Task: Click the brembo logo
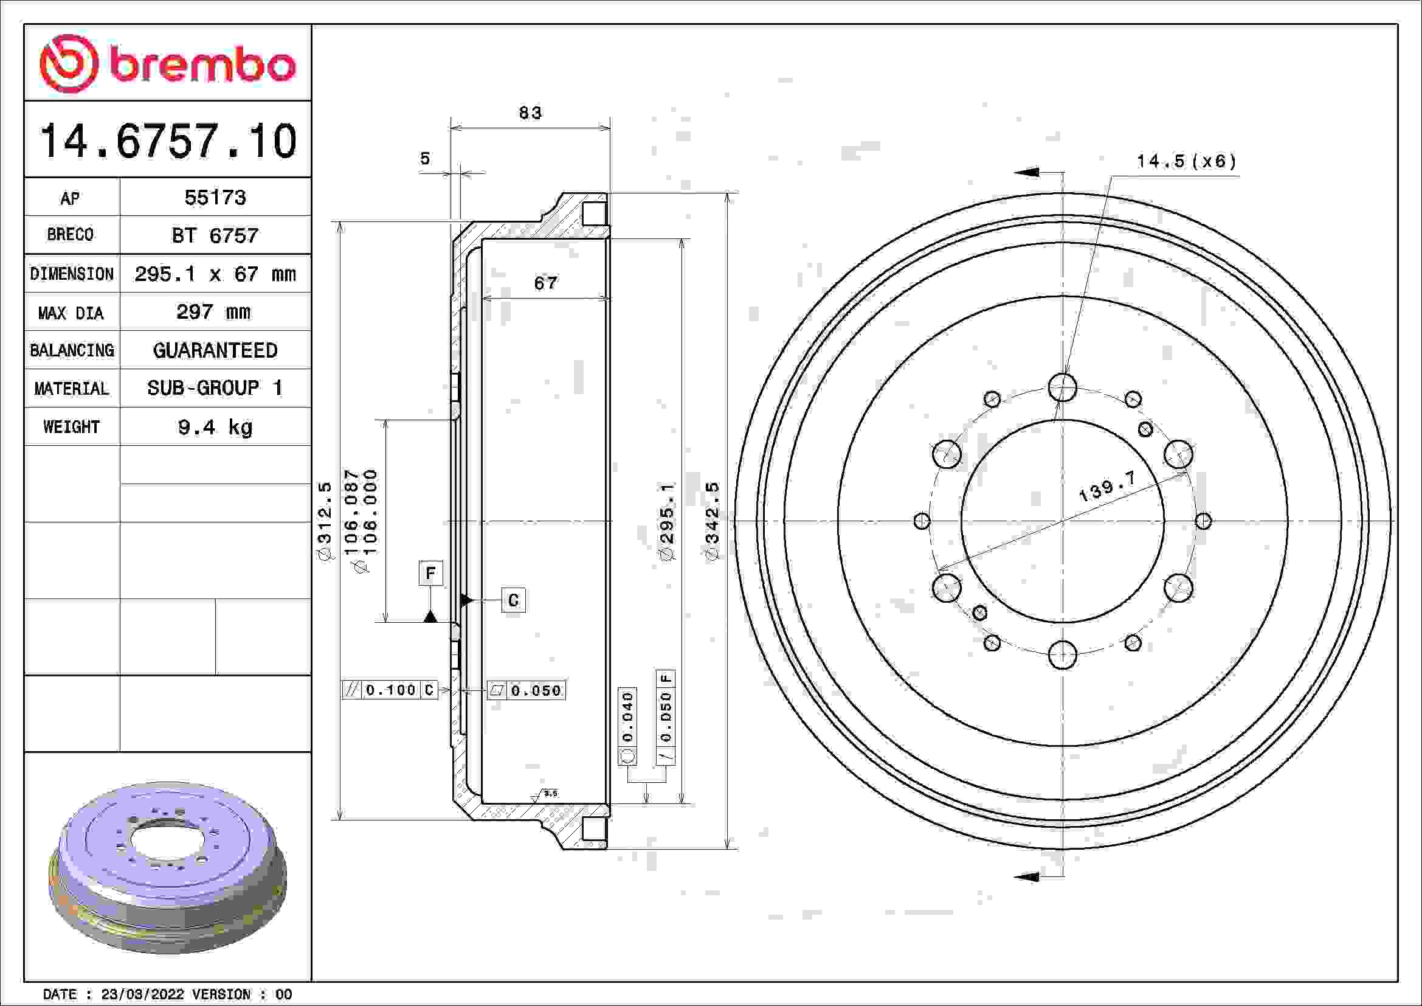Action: tap(167, 64)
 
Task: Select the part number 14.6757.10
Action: tap(168, 141)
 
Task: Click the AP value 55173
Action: tap(215, 198)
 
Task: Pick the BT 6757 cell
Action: tap(215, 235)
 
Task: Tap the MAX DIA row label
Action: tap(71, 313)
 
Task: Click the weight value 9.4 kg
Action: tap(215, 427)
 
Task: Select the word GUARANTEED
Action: tap(215, 350)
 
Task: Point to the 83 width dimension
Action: tap(530, 113)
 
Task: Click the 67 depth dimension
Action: tap(545, 283)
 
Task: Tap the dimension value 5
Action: tap(425, 159)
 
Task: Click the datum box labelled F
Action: tap(430, 573)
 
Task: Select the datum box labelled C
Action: tap(514, 600)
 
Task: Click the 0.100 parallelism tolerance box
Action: tap(390, 690)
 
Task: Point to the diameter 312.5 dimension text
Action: tap(325, 521)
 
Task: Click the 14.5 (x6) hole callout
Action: tap(1186, 162)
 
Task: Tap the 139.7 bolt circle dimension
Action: tap(1107, 487)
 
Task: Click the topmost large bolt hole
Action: tap(1063, 387)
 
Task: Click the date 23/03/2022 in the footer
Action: tap(142, 994)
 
